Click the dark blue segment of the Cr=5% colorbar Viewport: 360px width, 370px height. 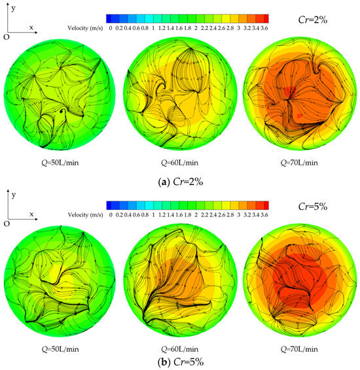click(110, 203)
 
